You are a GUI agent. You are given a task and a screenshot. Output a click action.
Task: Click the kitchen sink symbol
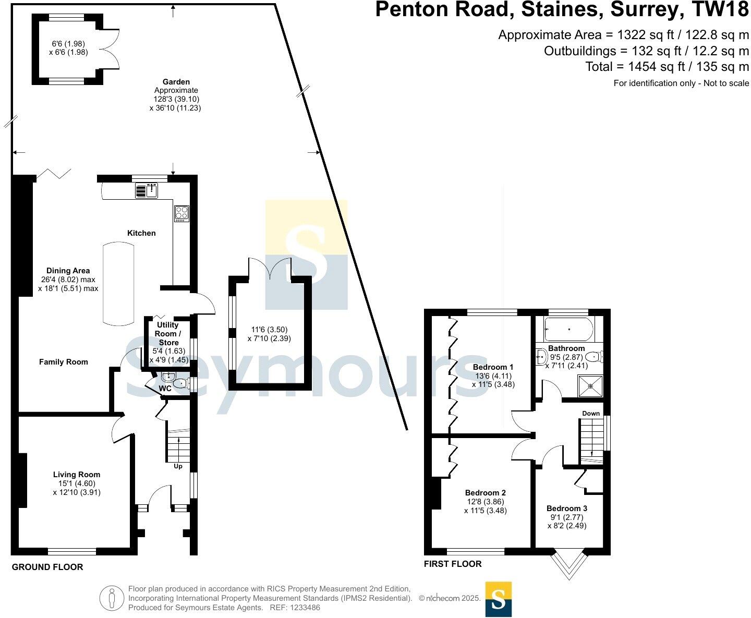coord(147,191)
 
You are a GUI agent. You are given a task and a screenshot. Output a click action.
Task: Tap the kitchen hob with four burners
coord(181,213)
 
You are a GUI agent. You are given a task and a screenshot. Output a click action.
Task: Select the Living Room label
coord(77,475)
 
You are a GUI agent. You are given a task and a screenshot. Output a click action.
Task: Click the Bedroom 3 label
coord(567,508)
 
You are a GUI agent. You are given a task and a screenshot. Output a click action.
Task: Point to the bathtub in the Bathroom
coord(568,330)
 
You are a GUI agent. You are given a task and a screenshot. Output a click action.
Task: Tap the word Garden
coord(176,82)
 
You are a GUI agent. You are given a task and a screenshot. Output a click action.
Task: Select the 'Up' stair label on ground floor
coord(178,466)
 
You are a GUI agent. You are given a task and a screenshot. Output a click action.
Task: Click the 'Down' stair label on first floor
coord(591,414)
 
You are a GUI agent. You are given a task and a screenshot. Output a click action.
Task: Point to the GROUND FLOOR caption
coord(47,567)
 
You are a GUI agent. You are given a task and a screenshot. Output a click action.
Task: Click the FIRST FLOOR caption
coord(453,564)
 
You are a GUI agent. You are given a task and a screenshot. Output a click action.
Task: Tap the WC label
coord(165,389)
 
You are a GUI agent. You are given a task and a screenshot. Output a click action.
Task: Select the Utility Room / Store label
coord(168,334)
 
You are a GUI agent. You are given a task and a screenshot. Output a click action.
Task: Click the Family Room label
coord(64,362)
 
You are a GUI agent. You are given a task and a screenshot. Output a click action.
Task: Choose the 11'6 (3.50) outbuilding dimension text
coord(269,330)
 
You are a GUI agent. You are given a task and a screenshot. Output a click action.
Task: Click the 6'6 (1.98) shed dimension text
coord(68,44)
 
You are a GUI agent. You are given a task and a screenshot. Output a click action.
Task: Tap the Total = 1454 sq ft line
coord(667,67)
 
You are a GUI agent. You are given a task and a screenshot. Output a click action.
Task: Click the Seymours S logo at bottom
coord(498,599)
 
